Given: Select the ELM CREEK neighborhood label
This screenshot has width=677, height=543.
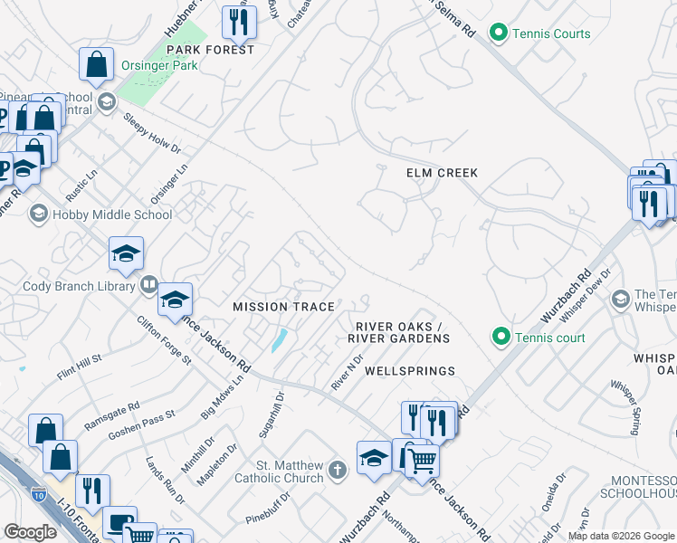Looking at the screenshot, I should click(x=442, y=172).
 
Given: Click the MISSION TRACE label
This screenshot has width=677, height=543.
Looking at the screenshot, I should click(x=284, y=307).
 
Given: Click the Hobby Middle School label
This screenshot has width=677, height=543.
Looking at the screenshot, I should click(x=112, y=214).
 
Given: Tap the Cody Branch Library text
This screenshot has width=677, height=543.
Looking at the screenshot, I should click(x=80, y=286).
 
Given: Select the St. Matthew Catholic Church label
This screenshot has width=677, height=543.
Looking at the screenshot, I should click(x=280, y=472).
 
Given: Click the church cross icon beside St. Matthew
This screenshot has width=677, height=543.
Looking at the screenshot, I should click(x=337, y=470).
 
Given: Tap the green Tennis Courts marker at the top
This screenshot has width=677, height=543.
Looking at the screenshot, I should click(x=497, y=34).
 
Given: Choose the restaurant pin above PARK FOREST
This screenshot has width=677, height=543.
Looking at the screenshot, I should click(x=239, y=23).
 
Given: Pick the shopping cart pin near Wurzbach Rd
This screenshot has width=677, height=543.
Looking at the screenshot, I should click(x=421, y=460).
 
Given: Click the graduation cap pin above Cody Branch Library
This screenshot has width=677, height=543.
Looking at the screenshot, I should click(x=126, y=254).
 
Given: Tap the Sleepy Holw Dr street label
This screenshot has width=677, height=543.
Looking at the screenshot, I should click(x=152, y=135).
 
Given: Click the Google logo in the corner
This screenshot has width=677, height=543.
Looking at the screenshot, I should click(x=31, y=532).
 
